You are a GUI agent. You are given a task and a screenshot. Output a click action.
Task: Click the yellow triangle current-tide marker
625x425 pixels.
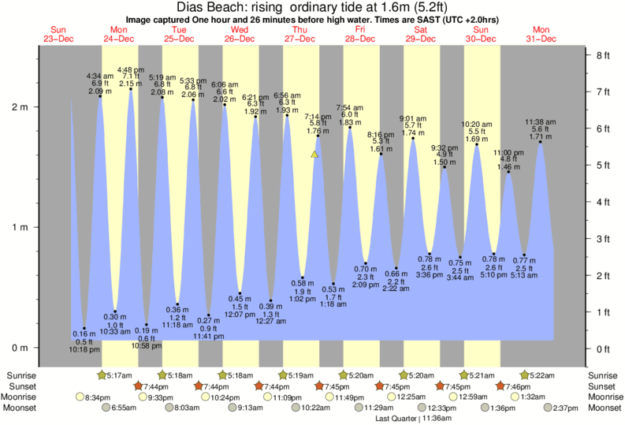click(x=314, y=155)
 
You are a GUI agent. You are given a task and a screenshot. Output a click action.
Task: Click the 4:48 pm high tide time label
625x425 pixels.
click(x=132, y=68)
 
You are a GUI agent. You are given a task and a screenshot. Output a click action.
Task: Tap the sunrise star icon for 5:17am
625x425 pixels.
click(x=102, y=375)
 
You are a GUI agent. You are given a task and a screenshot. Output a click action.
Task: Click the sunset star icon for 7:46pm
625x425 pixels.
click(x=503, y=386)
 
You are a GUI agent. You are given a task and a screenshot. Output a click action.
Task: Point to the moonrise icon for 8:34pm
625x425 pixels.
click(x=80, y=397)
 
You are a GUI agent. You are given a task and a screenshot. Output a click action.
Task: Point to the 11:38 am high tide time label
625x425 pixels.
click(x=541, y=121)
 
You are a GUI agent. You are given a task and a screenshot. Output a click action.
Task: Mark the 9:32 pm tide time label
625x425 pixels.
click(x=445, y=147)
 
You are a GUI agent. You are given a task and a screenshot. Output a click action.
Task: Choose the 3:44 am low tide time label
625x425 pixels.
click(x=459, y=278)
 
